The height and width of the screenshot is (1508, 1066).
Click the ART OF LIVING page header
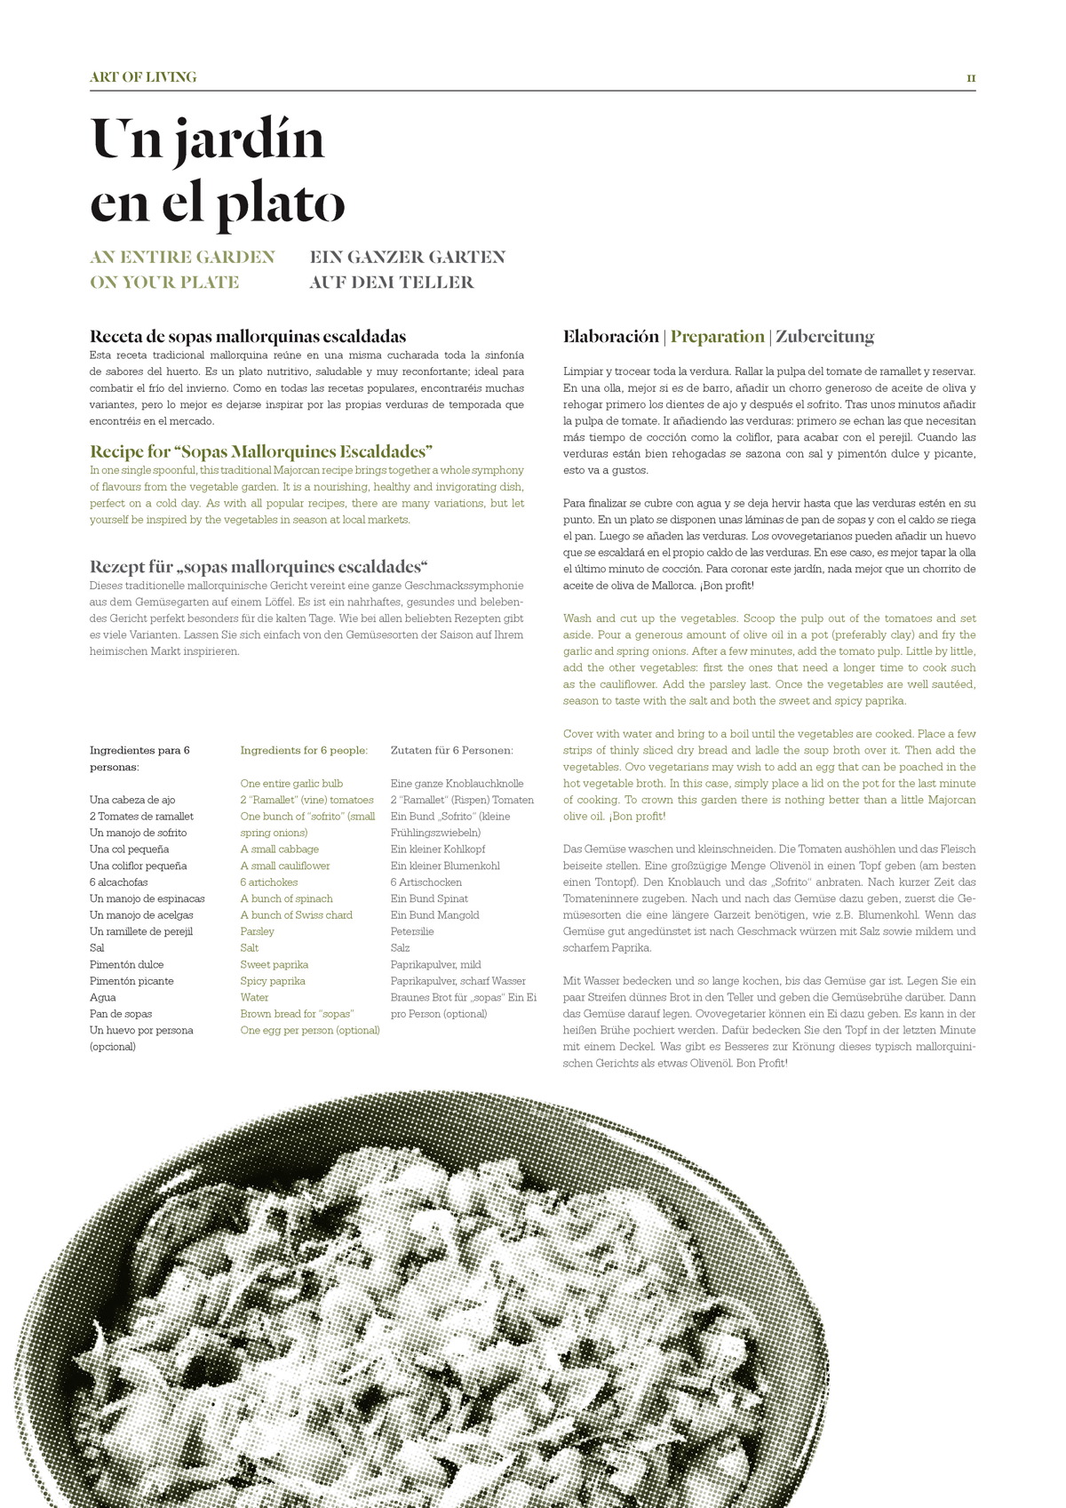(x=143, y=77)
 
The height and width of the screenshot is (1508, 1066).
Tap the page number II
(x=971, y=78)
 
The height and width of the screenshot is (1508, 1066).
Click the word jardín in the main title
(x=250, y=140)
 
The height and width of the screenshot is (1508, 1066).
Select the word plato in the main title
(x=282, y=203)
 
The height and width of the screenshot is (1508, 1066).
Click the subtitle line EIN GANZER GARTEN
(x=407, y=258)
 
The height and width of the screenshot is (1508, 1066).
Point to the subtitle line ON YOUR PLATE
(x=164, y=283)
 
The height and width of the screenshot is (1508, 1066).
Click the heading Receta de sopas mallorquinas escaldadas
(x=248, y=337)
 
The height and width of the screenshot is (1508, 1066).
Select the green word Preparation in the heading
(x=717, y=337)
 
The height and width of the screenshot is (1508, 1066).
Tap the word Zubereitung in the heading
(x=824, y=337)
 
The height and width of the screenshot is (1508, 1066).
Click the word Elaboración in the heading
(x=611, y=337)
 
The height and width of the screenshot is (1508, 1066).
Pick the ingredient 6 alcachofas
(x=119, y=882)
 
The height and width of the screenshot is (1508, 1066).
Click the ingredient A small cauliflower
(x=284, y=866)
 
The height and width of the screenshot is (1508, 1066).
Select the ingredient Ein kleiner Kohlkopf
(x=438, y=850)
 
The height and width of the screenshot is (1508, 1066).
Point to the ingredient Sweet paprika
(x=274, y=964)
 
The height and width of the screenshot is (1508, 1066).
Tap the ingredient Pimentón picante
(x=131, y=981)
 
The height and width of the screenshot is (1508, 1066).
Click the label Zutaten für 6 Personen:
(x=451, y=750)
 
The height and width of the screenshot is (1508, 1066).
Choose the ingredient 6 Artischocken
(x=426, y=882)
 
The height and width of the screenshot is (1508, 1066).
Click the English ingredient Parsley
(x=257, y=931)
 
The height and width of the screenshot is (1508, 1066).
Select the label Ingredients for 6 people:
(x=304, y=750)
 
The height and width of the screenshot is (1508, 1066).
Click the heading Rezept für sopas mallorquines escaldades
(x=259, y=567)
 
